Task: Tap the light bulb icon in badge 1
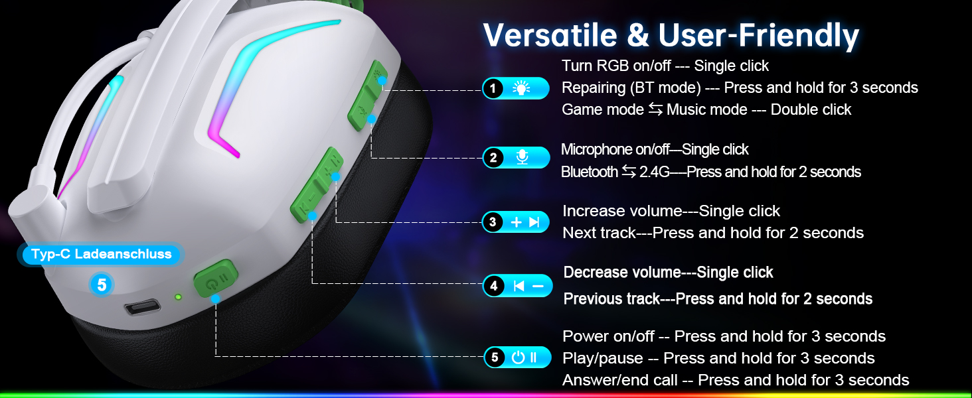(521, 88)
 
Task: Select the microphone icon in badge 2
(522, 157)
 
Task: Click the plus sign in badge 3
(516, 222)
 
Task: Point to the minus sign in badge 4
(538, 286)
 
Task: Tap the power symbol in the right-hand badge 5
(518, 358)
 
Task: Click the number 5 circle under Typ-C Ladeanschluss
(102, 285)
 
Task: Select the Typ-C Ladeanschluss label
(101, 254)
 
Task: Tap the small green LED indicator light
(178, 297)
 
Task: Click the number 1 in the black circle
(493, 88)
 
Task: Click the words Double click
(811, 109)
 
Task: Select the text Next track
(599, 233)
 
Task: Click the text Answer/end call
(619, 380)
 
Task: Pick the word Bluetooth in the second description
(590, 172)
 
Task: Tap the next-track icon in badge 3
(534, 222)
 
